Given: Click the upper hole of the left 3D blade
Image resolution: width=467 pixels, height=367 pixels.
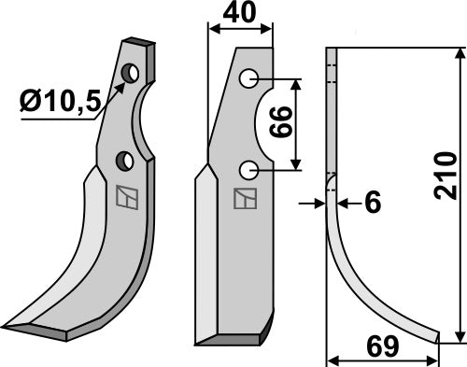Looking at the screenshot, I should coord(131,73).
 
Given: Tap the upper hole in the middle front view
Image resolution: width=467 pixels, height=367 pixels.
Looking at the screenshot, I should coord(248,78).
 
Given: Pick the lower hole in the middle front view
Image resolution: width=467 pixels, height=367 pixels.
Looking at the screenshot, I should coord(248,170).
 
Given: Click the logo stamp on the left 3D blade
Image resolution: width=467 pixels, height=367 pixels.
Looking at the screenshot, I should coord(122,197).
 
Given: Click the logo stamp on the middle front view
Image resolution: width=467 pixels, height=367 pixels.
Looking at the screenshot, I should coord(244,199).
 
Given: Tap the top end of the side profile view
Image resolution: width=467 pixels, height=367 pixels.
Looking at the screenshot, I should coord(329,49).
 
